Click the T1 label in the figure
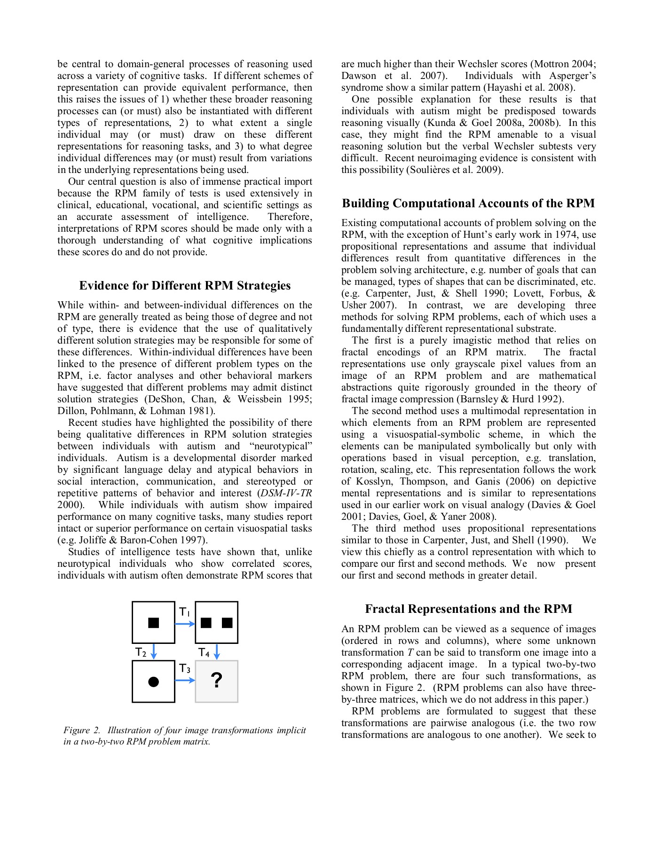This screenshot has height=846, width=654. (x=184, y=612)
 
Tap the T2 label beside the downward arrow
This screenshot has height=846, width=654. (x=141, y=652)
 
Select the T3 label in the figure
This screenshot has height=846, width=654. (x=185, y=668)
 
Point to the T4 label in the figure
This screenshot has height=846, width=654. (x=204, y=652)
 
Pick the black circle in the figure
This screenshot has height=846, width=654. (x=153, y=681)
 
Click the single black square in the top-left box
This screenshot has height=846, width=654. (x=153, y=623)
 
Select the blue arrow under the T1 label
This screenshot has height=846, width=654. (x=185, y=624)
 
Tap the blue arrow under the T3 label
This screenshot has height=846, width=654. (x=185, y=680)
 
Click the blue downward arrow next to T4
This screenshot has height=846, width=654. (x=217, y=652)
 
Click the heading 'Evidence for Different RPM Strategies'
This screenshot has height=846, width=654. (x=185, y=286)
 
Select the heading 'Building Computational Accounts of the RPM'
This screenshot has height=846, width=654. (x=468, y=204)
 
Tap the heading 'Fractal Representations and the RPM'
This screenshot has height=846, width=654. (x=468, y=609)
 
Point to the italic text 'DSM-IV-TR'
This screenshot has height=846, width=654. (x=286, y=493)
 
